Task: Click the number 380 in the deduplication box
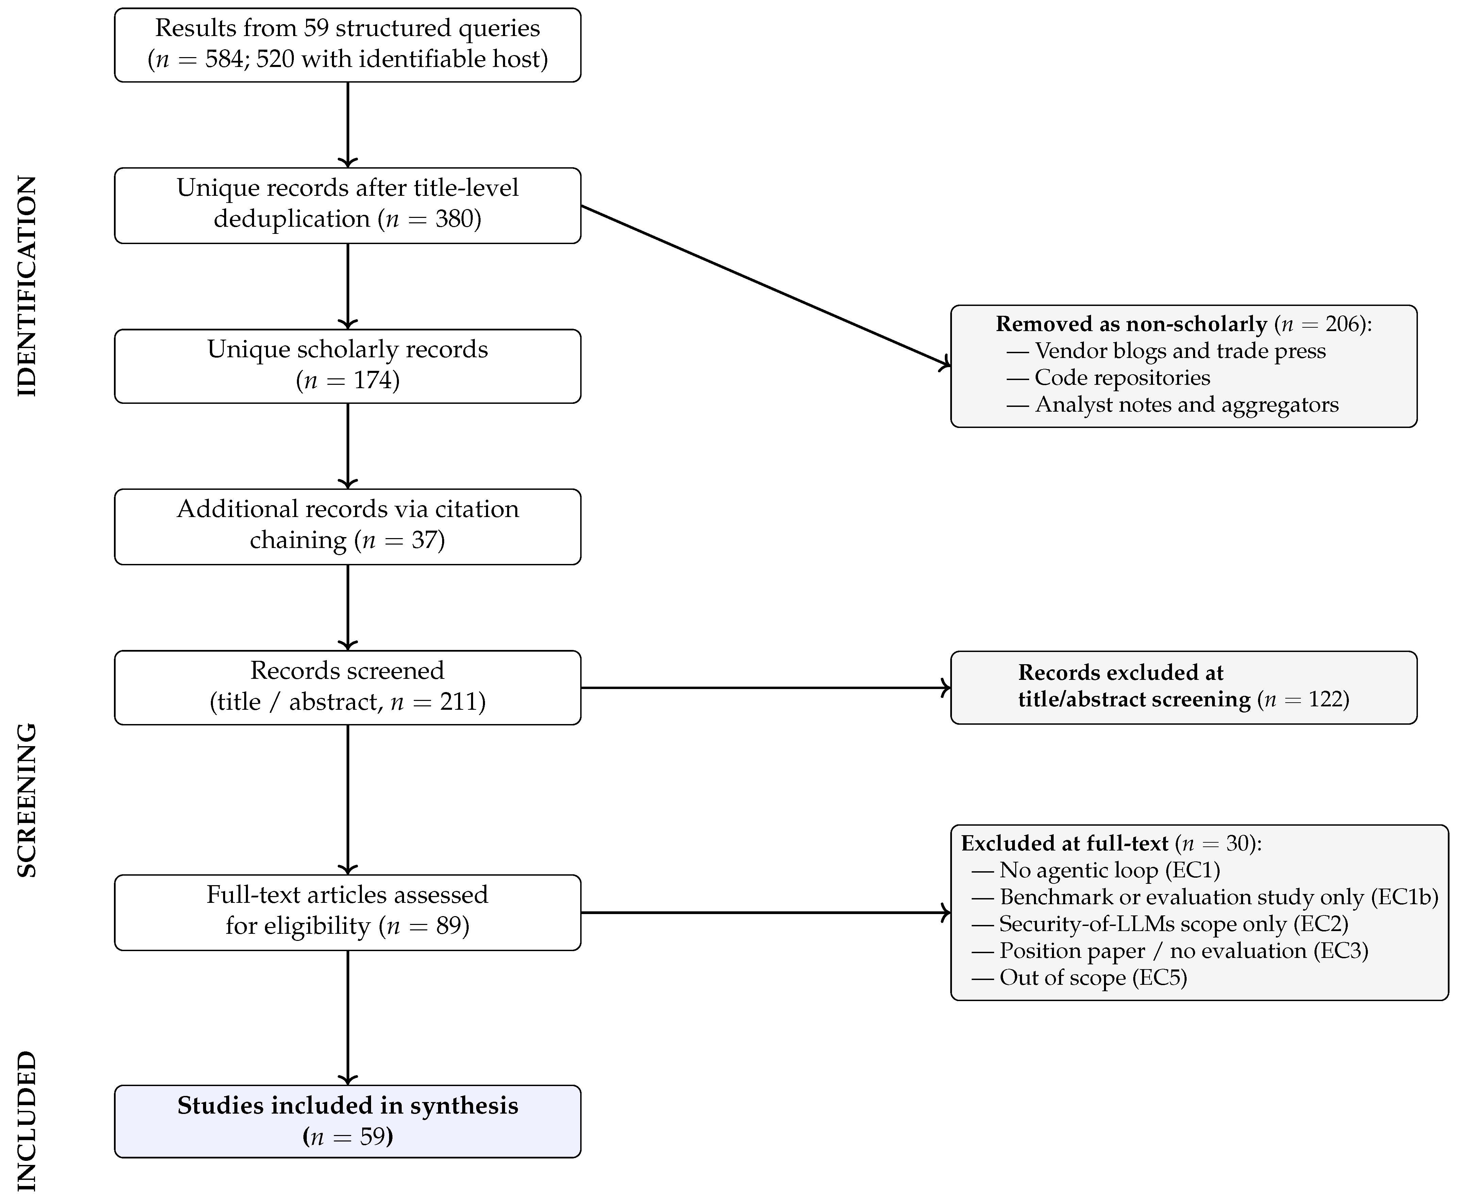pyautogui.click(x=454, y=219)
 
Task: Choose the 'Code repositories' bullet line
pyautogui.click(x=1108, y=378)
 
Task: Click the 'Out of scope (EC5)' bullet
pyautogui.click(x=1079, y=978)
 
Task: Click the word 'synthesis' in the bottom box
pyautogui.click(x=464, y=1106)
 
